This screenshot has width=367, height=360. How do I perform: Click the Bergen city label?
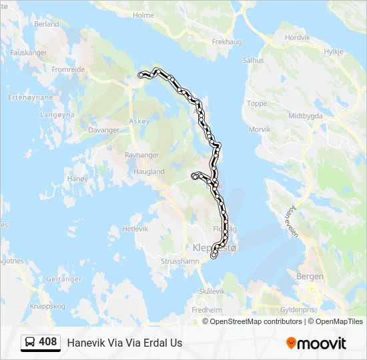pos(310,276)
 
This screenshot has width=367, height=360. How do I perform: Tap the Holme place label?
pos(143,15)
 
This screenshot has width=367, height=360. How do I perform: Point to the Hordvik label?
pos(298,38)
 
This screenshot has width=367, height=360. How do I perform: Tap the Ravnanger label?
pos(142,155)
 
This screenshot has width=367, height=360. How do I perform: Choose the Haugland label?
pos(149,171)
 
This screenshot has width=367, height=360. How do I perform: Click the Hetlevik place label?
pos(135,229)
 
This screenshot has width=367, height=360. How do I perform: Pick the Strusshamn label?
pos(180,262)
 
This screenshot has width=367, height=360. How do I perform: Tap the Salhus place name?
pos(254,60)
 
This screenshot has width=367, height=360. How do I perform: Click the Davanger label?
pos(103,130)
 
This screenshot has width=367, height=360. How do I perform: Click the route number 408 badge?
pos(47,342)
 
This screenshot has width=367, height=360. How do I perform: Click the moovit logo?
pos(316,343)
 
